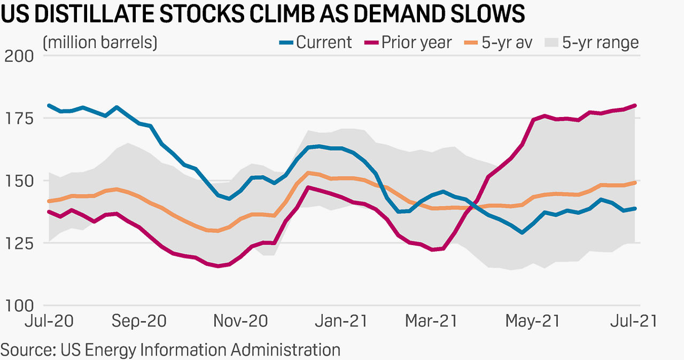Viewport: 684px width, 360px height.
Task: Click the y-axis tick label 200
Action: (19, 56)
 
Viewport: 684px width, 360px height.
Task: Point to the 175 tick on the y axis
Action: (19, 118)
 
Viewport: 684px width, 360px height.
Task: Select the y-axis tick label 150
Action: (19, 181)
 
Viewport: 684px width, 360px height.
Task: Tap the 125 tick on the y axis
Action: (19, 243)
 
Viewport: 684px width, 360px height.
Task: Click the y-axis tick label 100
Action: (19, 306)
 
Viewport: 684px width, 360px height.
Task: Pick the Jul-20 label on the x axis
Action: (50, 321)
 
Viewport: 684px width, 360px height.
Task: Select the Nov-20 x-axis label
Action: (240, 321)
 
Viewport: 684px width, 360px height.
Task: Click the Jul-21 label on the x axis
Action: (634, 321)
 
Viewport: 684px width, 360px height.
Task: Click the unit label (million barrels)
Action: (100, 42)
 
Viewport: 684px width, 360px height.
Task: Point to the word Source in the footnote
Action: (26, 350)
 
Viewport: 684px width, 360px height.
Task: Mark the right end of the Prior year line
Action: (635, 105)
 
